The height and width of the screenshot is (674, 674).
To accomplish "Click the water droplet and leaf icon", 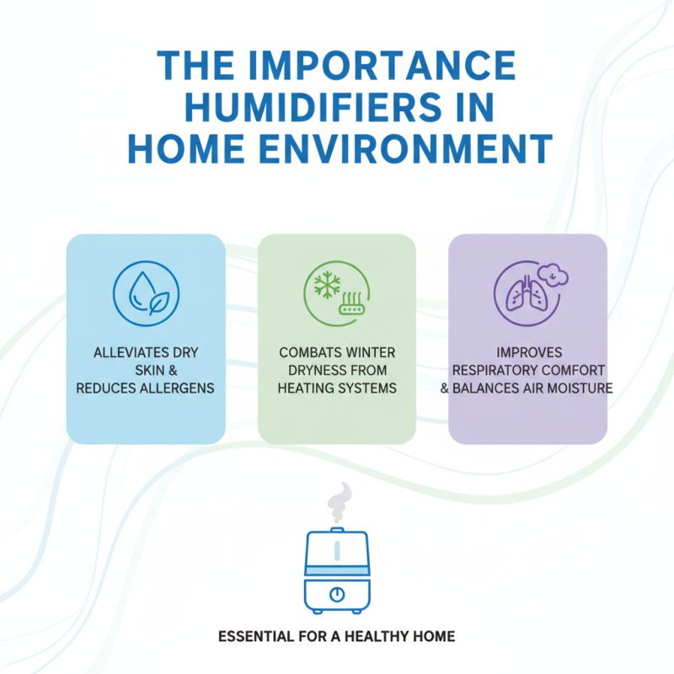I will (x=145, y=292).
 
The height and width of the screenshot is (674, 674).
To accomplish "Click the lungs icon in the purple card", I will (x=522, y=296).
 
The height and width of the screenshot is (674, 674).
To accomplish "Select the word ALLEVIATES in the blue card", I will (x=125, y=351).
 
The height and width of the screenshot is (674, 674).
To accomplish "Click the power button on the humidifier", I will (x=337, y=594).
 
